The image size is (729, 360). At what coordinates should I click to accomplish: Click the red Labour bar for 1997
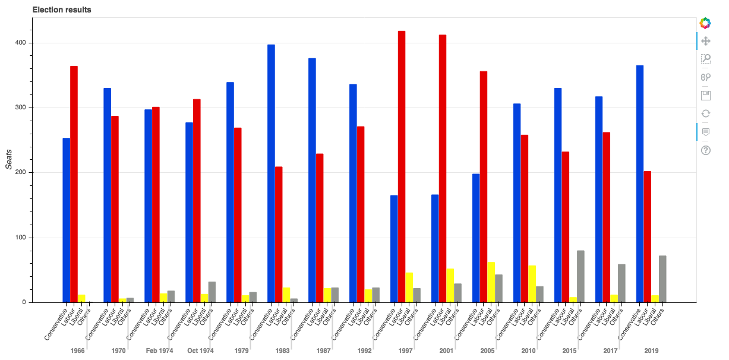tap(402, 166)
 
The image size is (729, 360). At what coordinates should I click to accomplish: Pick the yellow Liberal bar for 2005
tap(491, 282)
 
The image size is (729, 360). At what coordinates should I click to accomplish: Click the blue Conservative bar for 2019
tap(640, 184)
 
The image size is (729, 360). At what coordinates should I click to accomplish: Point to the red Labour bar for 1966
tap(74, 184)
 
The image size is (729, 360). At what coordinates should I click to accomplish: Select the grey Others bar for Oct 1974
tap(212, 292)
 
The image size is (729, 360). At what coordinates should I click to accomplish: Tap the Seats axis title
tap(9, 159)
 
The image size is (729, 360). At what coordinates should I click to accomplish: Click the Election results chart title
tap(62, 10)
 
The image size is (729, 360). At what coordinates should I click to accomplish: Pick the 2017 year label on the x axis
tap(610, 351)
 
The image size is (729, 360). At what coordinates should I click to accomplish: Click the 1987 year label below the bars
tap(323, 351)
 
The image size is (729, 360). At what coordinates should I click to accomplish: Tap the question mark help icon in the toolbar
tap(706, 150)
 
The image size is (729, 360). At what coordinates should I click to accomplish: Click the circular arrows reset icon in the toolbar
tap(706, 113)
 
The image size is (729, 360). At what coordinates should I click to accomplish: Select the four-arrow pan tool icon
tap(706, 41)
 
